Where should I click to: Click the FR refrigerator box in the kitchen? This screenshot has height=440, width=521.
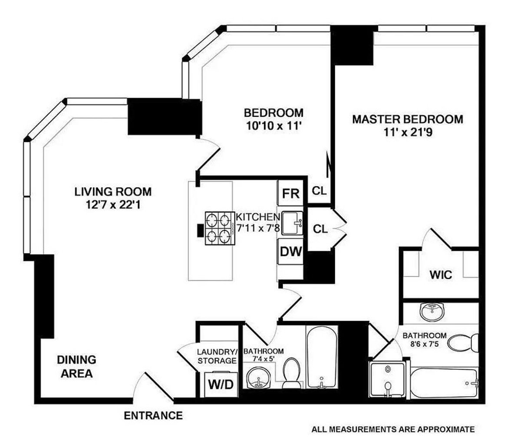[291, 193]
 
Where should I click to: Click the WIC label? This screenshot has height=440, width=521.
[441, 275]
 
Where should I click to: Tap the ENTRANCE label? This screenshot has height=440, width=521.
[153, 416]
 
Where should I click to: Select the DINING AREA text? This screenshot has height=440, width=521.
[76, 367]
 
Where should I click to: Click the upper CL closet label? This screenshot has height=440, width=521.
[320, 190]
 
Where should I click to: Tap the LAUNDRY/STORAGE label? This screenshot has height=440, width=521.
[217, 356]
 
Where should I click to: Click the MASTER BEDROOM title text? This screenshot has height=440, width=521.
[407, 119]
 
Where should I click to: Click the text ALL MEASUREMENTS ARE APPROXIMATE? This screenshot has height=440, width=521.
[392, 430]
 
